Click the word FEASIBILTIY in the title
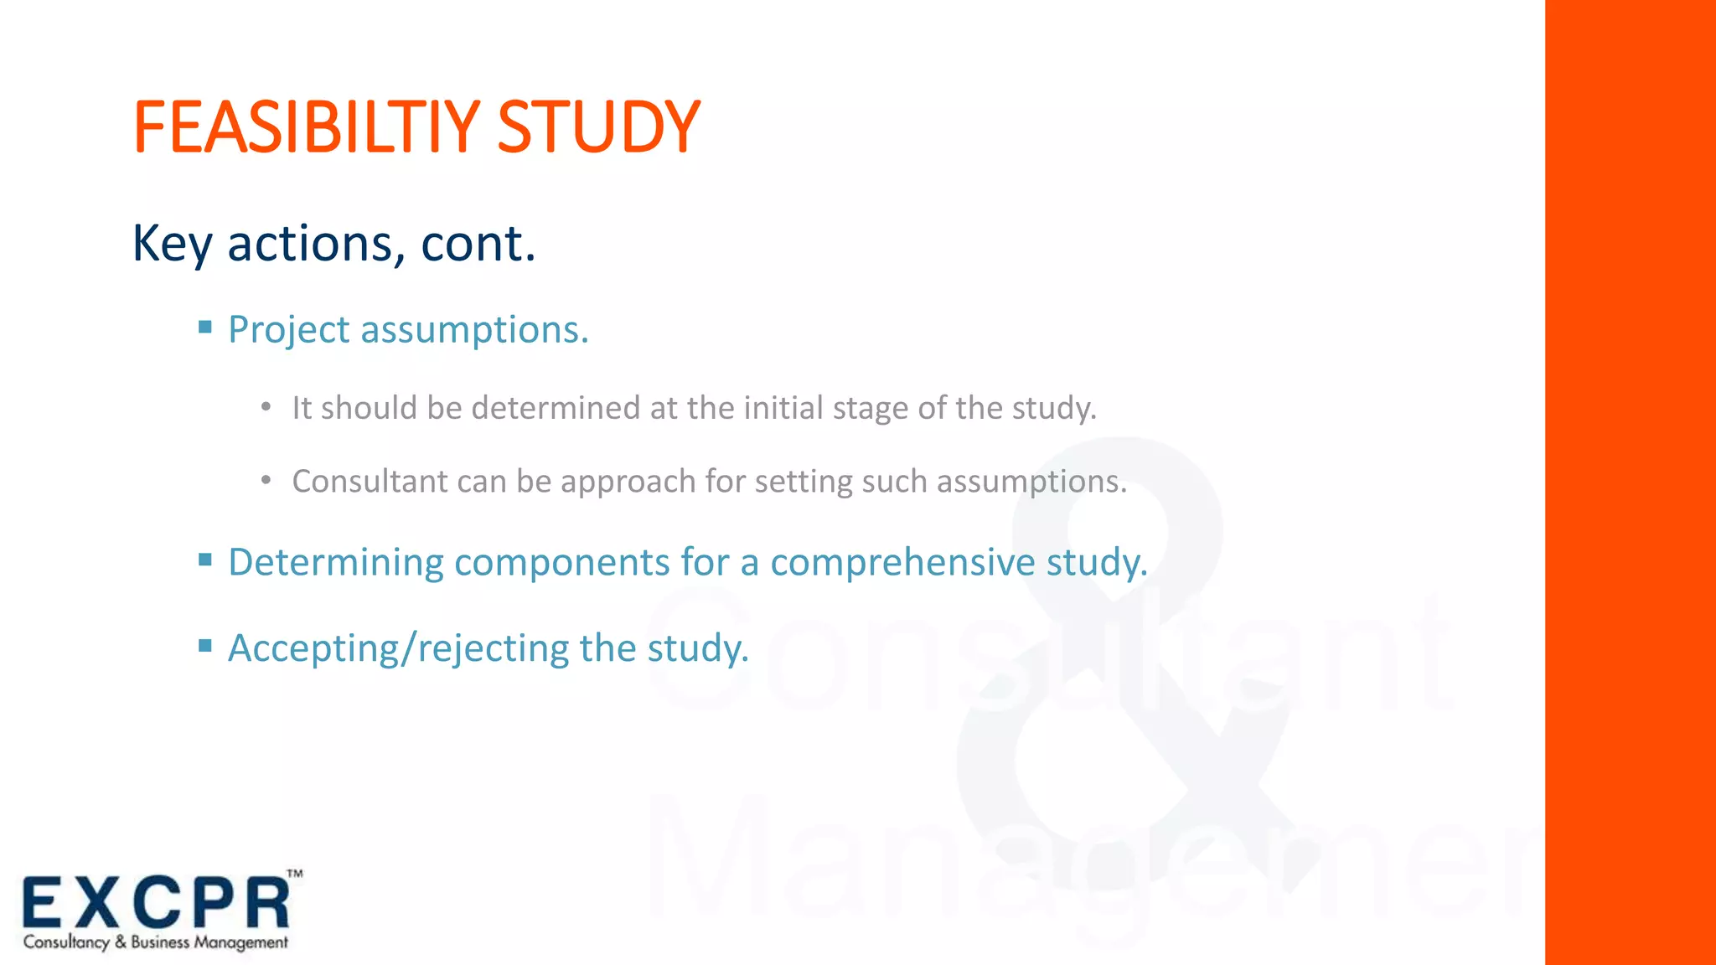307,127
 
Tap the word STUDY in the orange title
598,127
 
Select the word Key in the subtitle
172,244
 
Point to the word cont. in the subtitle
478,244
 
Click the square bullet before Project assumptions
205,328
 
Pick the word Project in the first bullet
288,330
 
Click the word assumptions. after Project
474,330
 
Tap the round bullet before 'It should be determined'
266,408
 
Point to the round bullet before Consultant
266,481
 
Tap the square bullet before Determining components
205,560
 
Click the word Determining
335,563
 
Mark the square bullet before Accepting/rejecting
205,645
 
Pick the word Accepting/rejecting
398,649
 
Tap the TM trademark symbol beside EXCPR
295,874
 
